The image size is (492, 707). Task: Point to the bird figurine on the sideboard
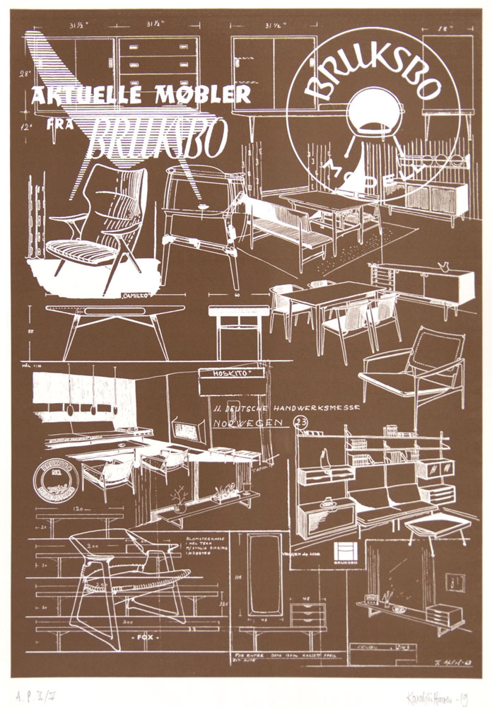444,268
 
